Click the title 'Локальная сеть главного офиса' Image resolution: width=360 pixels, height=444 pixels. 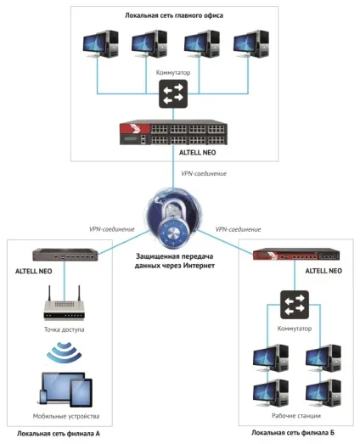(174, 15)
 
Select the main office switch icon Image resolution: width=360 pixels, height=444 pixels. (173, 93)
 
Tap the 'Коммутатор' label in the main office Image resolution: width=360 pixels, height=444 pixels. (173, 73)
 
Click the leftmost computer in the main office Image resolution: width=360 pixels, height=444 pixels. (100, 43)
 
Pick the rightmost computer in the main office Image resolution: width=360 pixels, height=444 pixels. (251, 43)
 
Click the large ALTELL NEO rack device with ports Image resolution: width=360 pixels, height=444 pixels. (173, 132)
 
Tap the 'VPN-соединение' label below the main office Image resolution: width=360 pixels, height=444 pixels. (204, 173)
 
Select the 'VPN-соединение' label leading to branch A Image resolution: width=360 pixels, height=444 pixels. (112, 229)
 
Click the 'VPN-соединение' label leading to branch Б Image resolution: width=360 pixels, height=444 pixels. (239, 229)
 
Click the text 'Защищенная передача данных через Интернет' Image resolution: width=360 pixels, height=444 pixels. (174, 261)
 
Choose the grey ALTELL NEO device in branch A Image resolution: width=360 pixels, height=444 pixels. (65, 255)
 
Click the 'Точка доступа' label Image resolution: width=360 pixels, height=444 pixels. (65, 329)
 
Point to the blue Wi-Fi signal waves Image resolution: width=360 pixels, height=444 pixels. (65, 352)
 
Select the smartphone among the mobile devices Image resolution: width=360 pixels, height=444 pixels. (43, 397)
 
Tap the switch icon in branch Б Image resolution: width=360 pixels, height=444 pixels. (295, 305)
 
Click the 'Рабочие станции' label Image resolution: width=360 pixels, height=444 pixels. (296, 416)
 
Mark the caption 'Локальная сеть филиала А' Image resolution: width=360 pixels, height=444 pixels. (59, 434)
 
